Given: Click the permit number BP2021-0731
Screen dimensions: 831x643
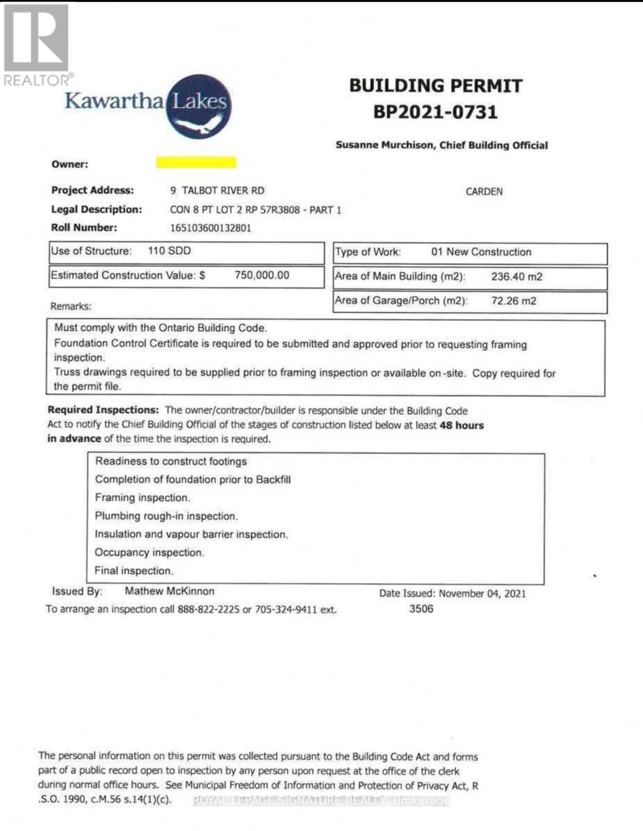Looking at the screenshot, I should (436, 111).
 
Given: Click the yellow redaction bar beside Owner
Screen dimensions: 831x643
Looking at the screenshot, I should (195, 163).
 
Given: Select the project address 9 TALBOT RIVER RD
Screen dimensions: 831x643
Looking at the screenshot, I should (218, 191).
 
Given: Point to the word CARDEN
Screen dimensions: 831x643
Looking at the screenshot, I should (484, 192).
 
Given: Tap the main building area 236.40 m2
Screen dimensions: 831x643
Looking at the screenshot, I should (516, 277).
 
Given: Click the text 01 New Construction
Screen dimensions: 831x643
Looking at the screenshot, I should (481, 252).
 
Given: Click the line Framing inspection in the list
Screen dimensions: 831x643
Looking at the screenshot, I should (143, 498).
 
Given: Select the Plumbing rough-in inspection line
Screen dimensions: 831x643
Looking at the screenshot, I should (166, 517).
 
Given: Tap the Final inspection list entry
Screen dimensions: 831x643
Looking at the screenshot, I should (134, 571).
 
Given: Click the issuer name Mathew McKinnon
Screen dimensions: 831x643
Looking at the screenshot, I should (169, 591).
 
